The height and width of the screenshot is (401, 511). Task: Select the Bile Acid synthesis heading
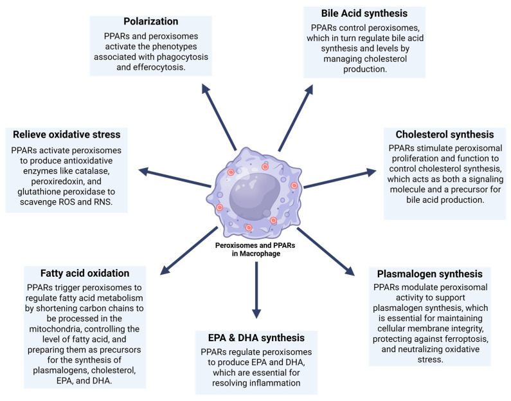(366, 13)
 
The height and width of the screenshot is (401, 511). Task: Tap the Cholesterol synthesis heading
(439, 135)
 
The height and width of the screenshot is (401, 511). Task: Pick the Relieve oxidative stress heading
(70, 135)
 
